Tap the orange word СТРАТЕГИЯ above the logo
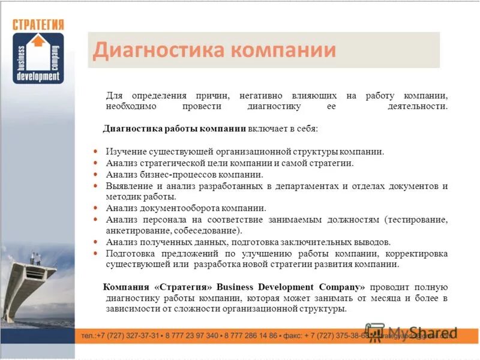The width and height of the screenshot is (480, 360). [38, 25]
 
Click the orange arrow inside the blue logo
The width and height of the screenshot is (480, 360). [38, 42]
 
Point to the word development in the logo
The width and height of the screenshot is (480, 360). [38, 77]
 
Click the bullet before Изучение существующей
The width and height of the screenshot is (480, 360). [96, 152]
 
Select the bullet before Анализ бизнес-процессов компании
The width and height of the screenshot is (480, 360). [96, 175]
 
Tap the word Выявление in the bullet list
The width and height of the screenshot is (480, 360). [127, 186]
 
